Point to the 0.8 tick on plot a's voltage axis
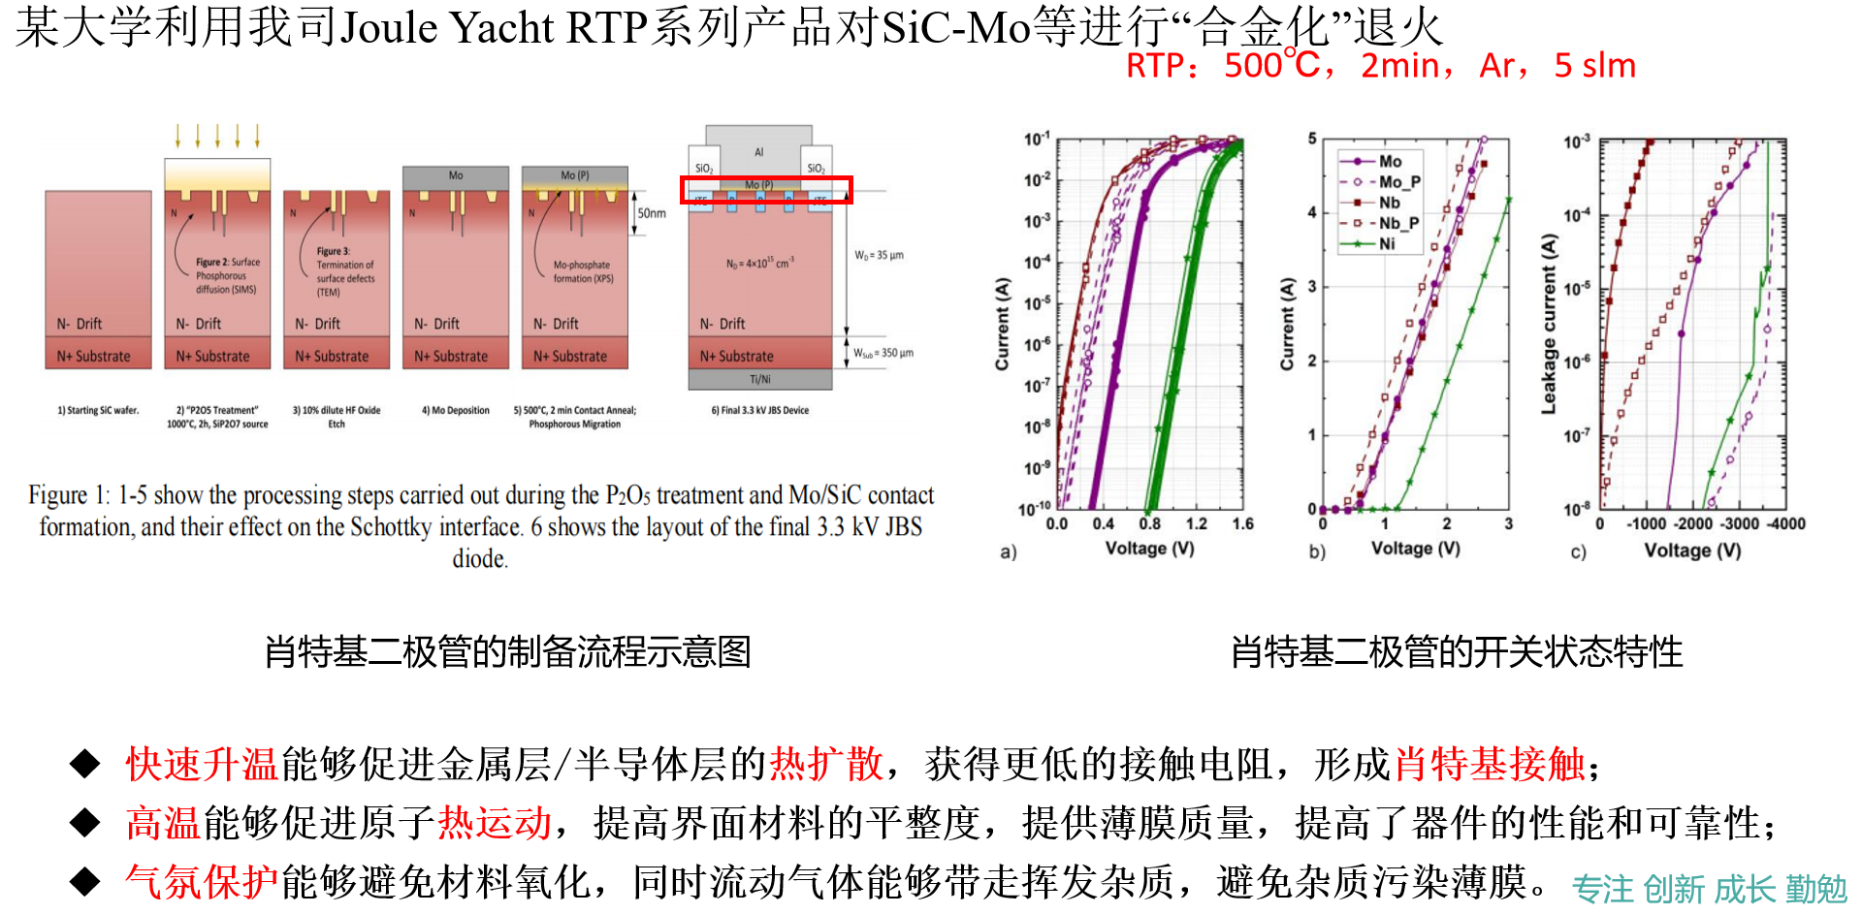pyautogui.click(x=1150, y=524)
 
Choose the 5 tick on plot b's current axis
pyautogui.click(x=1312, y=139)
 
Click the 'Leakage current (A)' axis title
pyautogui.click(x=1549, y=324)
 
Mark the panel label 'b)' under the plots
pyautogui.click(x=1317, y=552)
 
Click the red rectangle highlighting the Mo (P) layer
pyautogui.click(x=766, y=189)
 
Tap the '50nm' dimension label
pyautogui.click(x=652, y=213)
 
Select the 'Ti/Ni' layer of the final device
pyautogui.click(x=760, y=379)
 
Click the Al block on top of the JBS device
pyautogui.click(x=758, y=150)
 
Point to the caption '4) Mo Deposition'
pyautogui.click(x=455, y=411)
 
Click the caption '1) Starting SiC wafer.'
pyautogui.click(x=98, y=411)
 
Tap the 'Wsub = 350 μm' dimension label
pyautogui.click(x=883, y=353)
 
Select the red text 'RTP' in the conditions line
pyautogui.click(x=1155, y=67)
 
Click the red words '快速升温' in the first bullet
pyautogui.click(x=202, y=765)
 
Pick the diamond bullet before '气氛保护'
pyautogui.click(x=85, y=881)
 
